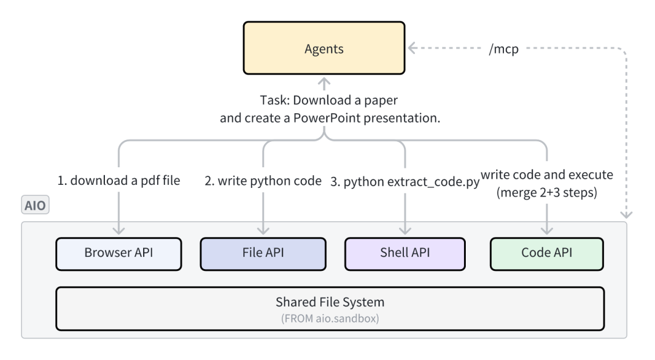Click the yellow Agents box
coord(323,49)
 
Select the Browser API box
coord(118,253)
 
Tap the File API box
coord(263,253)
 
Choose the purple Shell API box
coord(405,253)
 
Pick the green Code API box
coord(547,253)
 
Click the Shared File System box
coord(330,308)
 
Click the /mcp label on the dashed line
coord(503,48)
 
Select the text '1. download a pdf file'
coord(118,180)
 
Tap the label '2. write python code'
coord(263,180)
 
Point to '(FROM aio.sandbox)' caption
coord(330,319)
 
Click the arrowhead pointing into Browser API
coord(118,230)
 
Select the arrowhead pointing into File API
coord(263,230)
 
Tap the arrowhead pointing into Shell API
coord(405,230)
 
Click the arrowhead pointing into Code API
coord(547,230)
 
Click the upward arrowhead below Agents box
coord(323,82)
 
